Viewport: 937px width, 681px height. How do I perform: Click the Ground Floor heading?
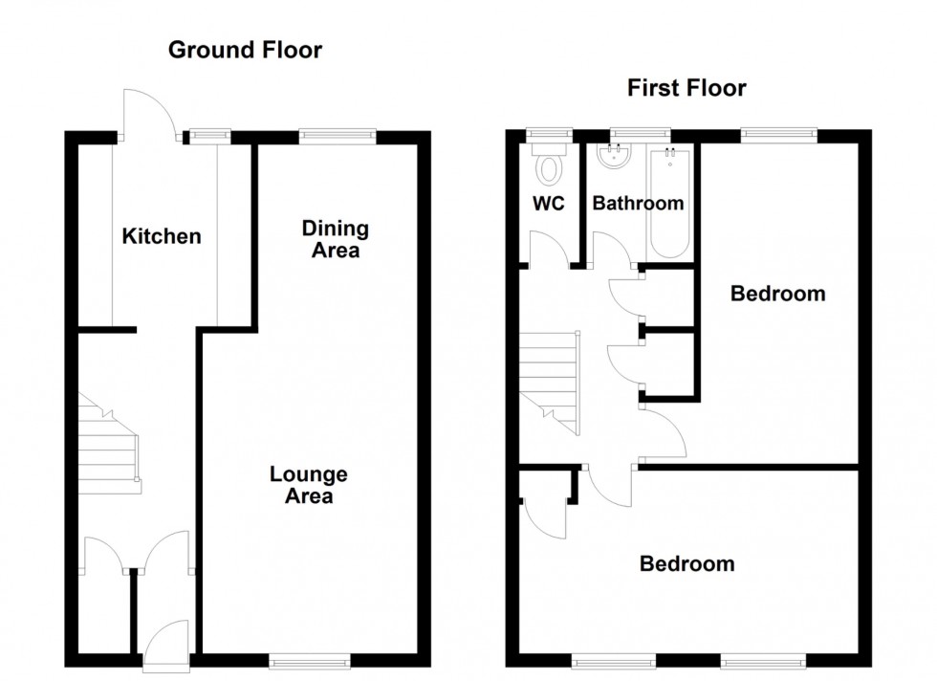[245, 50]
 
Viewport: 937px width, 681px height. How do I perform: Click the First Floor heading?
[686, 89]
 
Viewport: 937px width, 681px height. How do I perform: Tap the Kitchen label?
[162, 235]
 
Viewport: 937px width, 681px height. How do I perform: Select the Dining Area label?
[335, 239]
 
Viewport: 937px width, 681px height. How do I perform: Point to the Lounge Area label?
[308, 485]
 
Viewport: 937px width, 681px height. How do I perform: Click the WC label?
[548, 204]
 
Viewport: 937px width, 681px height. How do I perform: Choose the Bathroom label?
[638, 204]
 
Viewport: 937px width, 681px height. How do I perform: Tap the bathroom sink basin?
[613, 159]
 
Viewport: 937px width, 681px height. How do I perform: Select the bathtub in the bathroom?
[668, 203]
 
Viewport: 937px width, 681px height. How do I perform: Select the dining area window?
[338, 136]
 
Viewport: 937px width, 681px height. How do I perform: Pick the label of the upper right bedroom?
[777, 294]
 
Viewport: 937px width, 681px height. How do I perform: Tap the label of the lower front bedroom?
[686, 564]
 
